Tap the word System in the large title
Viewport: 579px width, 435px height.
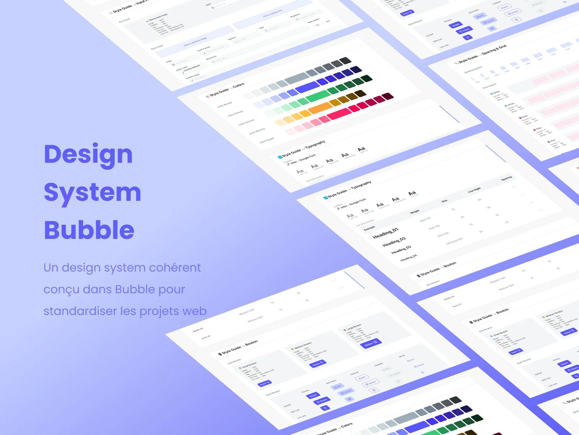coord(92,192)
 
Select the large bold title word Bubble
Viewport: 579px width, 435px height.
coord(89,230)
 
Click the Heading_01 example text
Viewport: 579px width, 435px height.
coord(385,233)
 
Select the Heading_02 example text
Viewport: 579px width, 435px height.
coord(394,242)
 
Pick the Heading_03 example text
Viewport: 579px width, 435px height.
coord(401,250)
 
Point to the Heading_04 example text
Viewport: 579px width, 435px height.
coord(409,258)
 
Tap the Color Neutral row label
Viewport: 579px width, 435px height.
coord(224,105)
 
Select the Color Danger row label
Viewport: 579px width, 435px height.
coord(267,140)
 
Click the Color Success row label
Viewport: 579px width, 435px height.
coord(246,122)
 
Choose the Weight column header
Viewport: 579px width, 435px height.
coord(415,211)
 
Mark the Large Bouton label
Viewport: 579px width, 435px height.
coord(354,327)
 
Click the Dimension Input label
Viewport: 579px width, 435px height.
coord(159,17)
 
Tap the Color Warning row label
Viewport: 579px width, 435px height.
coord(257,131)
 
